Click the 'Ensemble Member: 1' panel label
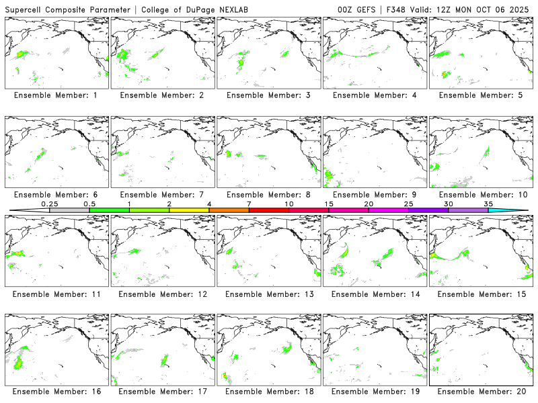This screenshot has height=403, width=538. point(56,95)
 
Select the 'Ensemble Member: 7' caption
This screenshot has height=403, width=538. point(162,195)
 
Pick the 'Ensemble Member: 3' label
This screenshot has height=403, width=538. point(268,95)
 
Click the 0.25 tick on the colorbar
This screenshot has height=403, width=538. point(49,204)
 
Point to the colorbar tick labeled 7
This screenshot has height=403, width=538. point(249,204)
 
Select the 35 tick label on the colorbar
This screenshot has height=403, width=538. point(488,204)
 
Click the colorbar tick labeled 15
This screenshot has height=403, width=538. point(329,204)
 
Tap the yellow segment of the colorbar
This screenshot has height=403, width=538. point(189,210)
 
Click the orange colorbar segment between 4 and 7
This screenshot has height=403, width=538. point(229,210)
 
